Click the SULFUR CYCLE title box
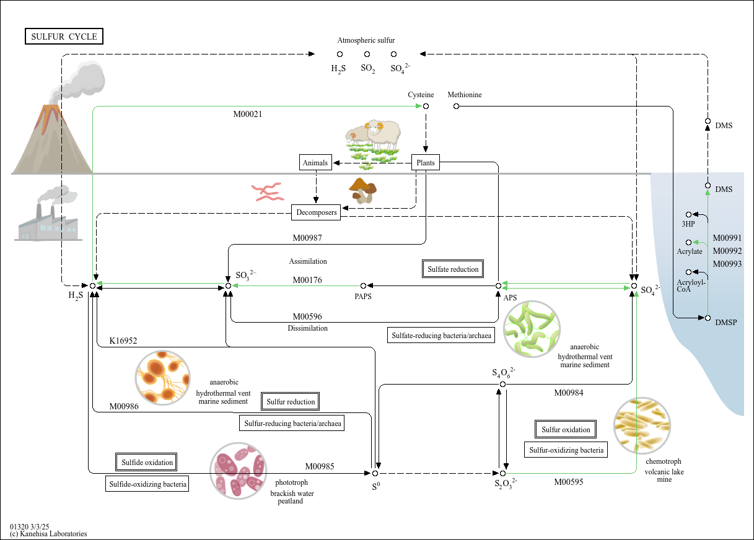tap(64, 37)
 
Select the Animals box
tap(315, 162)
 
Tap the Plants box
tap(426, 162)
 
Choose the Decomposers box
tap(316, 212)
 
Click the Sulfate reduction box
tap(453, 269)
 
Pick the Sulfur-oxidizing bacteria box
tap(566, 450)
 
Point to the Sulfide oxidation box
tap(146, 462)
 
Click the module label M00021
tap(248, 115)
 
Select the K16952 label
tap(123, 341)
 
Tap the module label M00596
tap(307, 316)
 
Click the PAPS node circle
tap(363, 286)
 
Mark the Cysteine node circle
tap(426, 107)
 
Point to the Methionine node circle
tap(456, 107)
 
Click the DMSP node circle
tap(708, 318)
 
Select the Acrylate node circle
tap(689, 242)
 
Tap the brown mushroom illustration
tap(362, 191)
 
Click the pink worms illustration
tap(268, 192)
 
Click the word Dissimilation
tap(308, 328)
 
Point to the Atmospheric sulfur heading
tap(366, 40)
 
